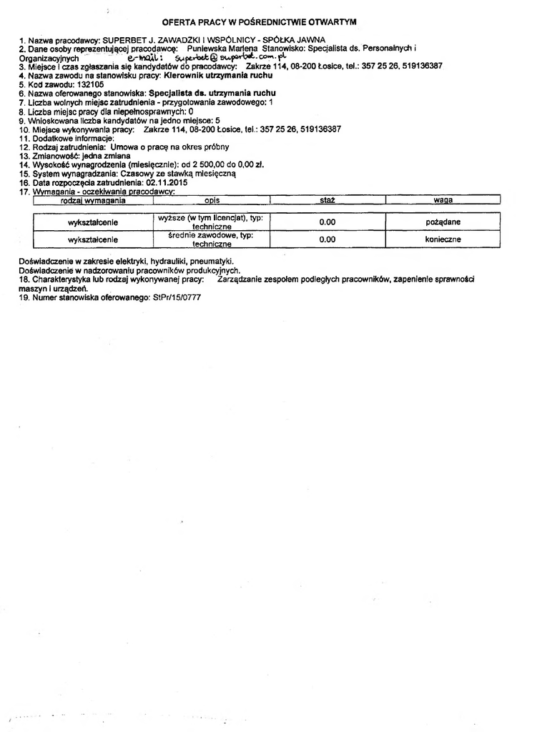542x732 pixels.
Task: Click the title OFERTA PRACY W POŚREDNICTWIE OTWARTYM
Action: point(260,23)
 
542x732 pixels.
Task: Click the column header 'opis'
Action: point(211,201)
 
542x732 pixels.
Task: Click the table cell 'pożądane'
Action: point(443,222)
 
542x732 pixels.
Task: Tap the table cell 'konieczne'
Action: point(443,239)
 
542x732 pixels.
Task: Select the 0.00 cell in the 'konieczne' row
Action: point(327,239)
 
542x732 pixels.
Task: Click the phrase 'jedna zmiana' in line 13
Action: point(100,155)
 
